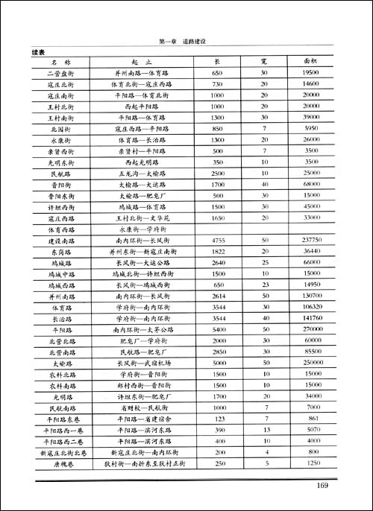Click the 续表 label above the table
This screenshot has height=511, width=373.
[39, 52]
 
